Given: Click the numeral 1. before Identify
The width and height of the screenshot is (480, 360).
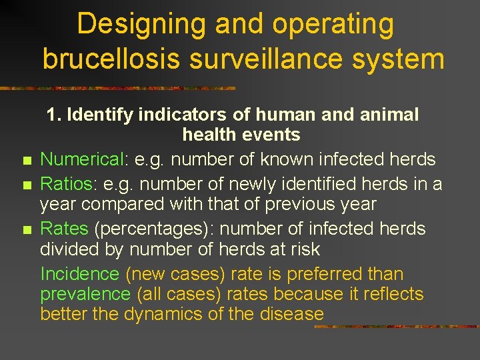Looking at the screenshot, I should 54,115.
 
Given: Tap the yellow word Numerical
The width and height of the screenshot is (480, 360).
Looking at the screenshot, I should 83,160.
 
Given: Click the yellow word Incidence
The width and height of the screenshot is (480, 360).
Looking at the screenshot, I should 79,274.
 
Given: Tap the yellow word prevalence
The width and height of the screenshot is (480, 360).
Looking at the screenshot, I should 85,294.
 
